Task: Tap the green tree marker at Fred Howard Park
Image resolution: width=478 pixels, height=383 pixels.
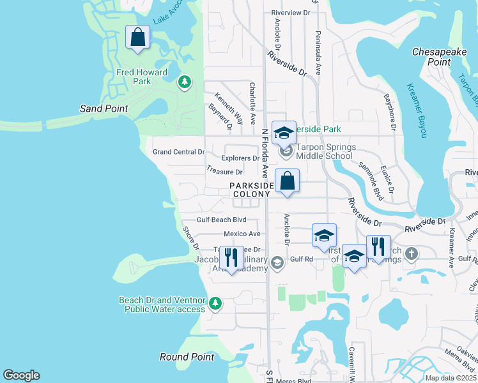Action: (x=185, y=82)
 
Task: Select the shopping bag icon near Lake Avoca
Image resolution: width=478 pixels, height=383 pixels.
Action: (x=137, y=38)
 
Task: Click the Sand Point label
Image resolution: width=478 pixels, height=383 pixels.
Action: (x=104, y=109)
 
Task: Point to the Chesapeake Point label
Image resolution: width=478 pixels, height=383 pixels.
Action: (x=440, y=56)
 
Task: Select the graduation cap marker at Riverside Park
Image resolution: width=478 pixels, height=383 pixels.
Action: (x=284, y=133)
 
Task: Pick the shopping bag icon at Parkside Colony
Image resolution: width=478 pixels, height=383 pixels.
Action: (x=288, y=181)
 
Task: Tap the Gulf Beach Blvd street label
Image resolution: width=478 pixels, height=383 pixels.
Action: (x=221, y=220)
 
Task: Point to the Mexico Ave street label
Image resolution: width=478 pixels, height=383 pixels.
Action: (x=242, y=234)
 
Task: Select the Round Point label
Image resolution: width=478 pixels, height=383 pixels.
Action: (x=187, y=357)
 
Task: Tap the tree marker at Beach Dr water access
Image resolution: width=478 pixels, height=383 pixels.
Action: (x=215, y=303)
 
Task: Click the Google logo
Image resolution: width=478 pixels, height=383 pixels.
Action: (x=21, y=375)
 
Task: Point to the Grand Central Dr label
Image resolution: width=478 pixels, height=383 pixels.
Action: (x=179, y=152)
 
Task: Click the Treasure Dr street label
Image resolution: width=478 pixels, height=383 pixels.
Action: (x=225, y=172)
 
